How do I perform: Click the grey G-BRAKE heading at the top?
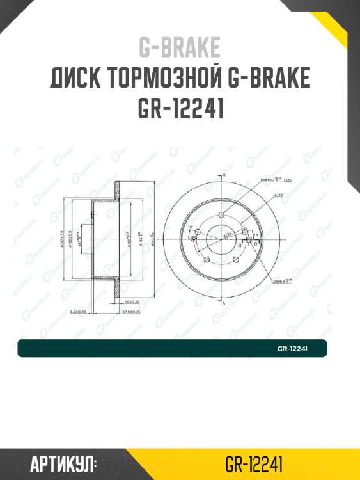[x=180, y=47]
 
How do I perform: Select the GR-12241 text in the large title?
[x=180, y=109]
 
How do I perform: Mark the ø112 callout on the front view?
[x=279, y=195]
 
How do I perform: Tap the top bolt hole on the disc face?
[x=221, y=215]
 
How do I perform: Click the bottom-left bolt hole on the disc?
[x=207, y=259]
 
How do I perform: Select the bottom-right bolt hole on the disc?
[x=236, y=259]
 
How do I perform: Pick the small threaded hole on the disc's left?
[x=192, y=239]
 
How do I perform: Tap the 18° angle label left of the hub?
[x=190, y=227]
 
